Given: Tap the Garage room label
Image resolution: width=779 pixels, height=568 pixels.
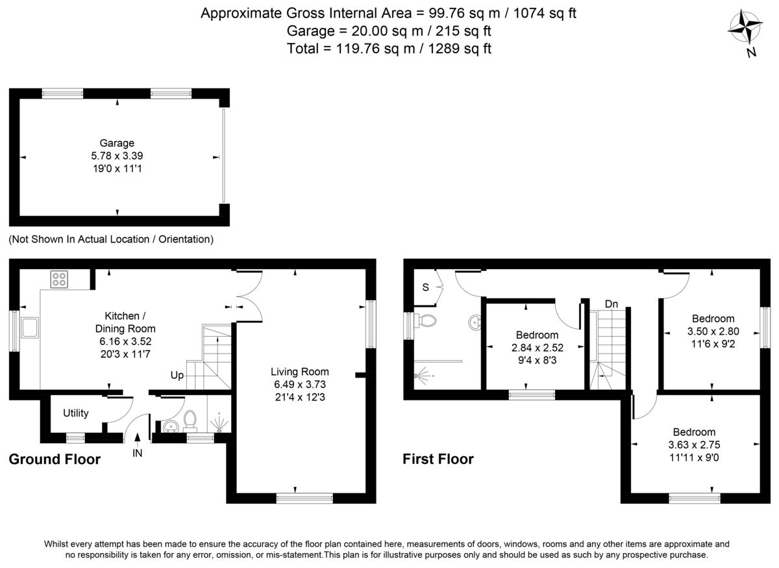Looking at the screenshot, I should pos(117,143).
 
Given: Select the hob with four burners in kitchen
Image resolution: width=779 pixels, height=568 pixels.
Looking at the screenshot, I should pos(60,279).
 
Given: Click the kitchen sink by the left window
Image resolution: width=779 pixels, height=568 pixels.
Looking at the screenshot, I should pos(30,328).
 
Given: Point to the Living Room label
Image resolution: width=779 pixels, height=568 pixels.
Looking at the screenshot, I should pos(300,372).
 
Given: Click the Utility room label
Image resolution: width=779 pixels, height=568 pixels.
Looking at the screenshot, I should pos(76,413).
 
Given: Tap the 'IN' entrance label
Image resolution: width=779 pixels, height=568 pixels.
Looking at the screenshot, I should pos(138,453).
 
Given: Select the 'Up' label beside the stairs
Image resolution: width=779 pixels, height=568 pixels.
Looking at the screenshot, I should pos(177,376).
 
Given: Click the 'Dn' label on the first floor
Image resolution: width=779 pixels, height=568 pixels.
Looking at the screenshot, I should pos(611,304).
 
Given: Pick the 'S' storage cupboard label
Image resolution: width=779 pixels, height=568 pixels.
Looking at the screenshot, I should pos(426,287).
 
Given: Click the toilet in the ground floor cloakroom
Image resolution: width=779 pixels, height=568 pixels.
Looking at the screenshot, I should pos(191,420).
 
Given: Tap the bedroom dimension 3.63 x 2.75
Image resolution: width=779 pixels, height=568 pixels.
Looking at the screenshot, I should pos(694,445).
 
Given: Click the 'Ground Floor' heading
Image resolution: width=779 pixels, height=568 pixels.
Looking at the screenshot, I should pos(55,459).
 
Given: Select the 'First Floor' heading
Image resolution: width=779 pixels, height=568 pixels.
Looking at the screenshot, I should pos(438,459).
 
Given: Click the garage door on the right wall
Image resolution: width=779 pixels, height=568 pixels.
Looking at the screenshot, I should pos(223,156).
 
